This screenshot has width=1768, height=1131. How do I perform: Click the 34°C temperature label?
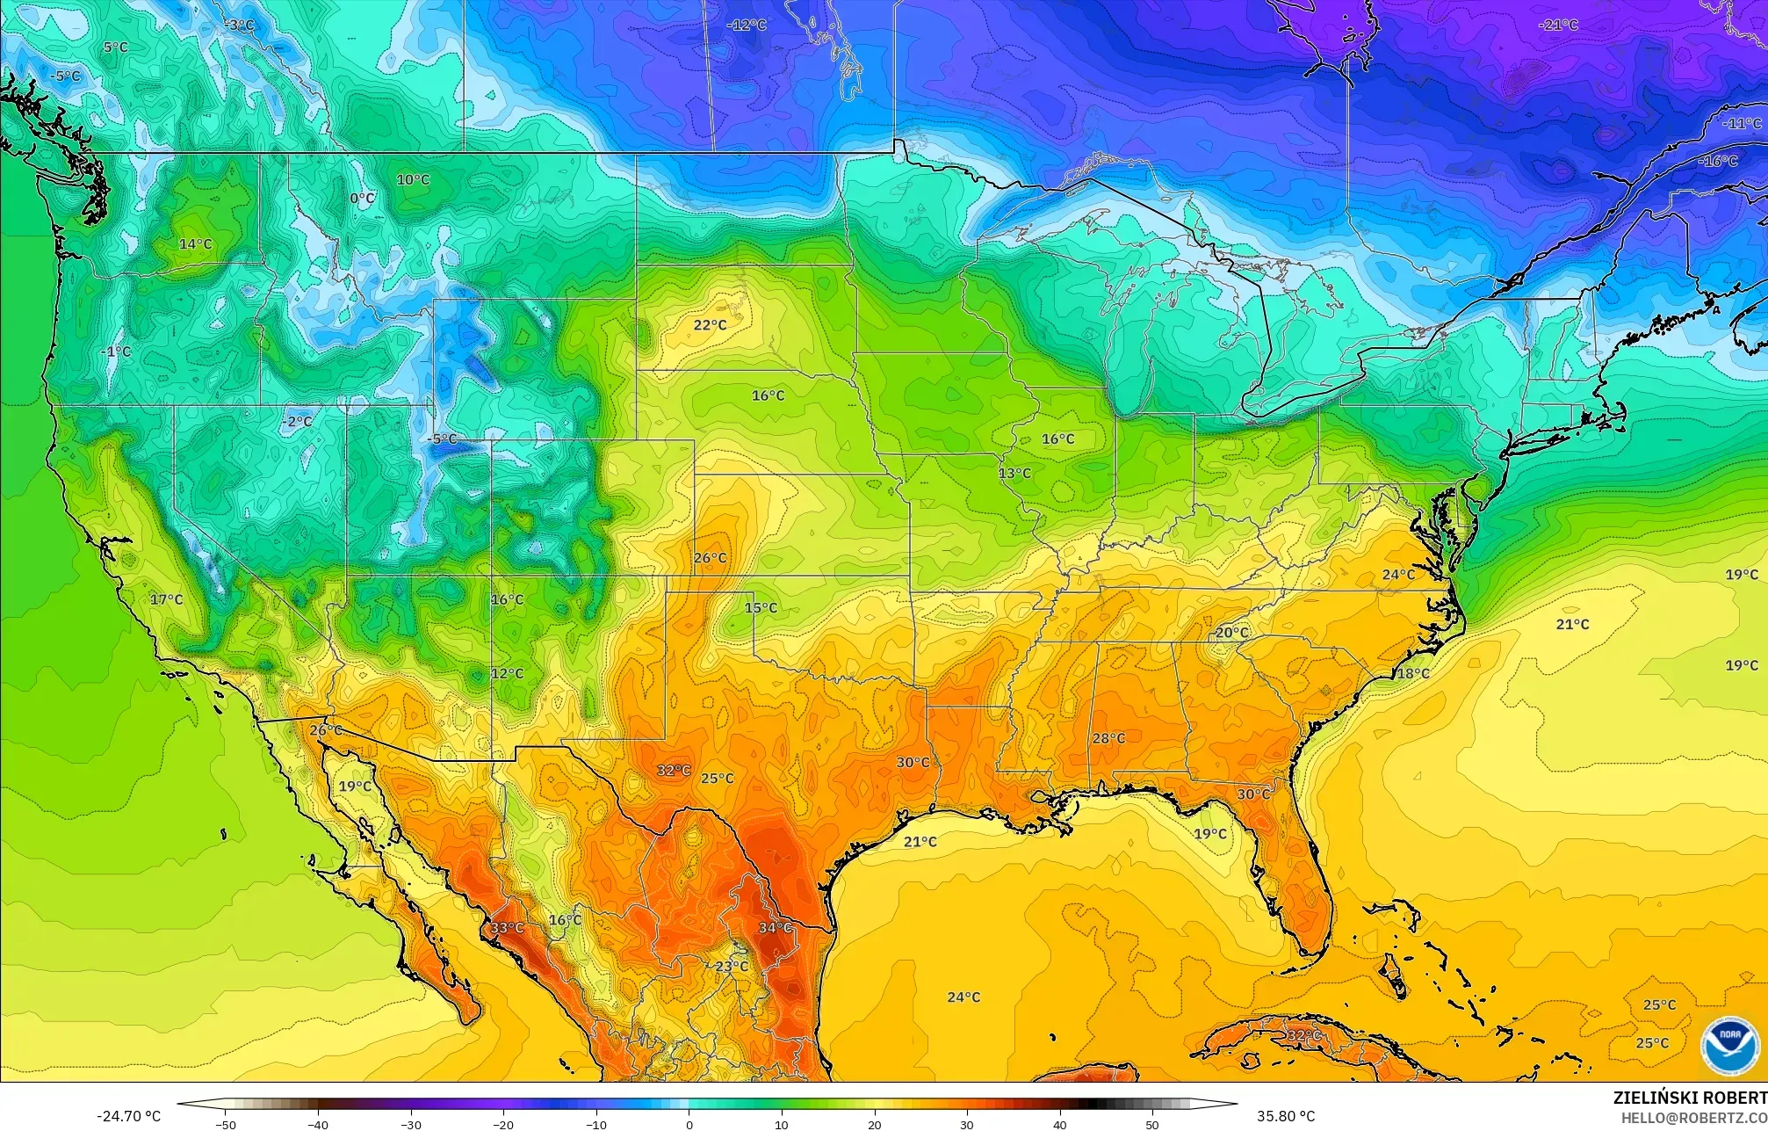[x=775, y=927]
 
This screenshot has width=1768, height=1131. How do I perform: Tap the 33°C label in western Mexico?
[x=507, y=927]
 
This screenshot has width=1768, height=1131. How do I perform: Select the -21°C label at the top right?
[x=1558, y=25]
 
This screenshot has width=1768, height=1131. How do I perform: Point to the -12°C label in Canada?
[x=747, y=25]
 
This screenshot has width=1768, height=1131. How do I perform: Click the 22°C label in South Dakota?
[x=710, y=324]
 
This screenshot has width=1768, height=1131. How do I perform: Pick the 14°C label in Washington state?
[x=195, y=243]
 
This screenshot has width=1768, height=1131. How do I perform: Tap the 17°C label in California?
[x=166, y=599]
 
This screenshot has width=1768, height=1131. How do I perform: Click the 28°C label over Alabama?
[x=1108, y=738]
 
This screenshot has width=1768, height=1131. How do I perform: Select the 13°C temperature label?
[x=1014, y=473]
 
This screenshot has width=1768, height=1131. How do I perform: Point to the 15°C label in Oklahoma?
[x=761, y=607]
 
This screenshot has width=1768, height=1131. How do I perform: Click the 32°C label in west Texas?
[x=674, y=770]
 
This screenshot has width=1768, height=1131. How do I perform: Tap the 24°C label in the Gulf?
[x=963, y=997]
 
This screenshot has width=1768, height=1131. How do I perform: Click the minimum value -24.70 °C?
[x=128, y=1116]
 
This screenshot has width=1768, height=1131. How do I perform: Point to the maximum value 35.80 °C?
[x=1286, y=1116]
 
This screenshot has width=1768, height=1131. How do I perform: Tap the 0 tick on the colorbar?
[x=689, y=1124]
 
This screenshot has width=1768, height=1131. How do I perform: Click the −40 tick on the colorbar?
[x=318, y=1124]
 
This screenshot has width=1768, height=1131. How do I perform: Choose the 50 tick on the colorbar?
[x=1151, y=1124]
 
